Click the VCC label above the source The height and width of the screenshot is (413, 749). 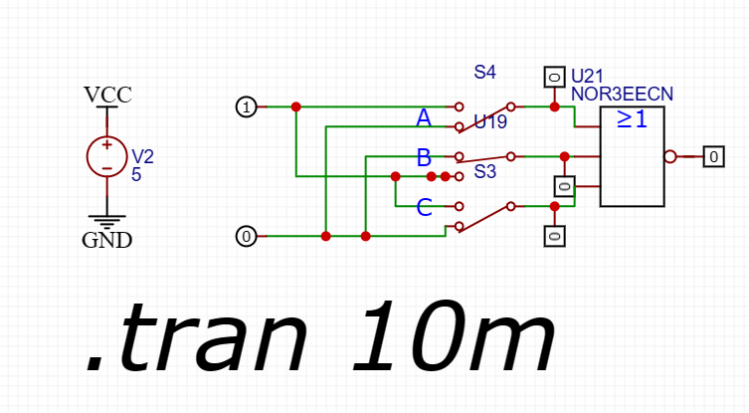click(107, 96)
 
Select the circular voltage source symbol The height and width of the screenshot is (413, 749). click(106, 156)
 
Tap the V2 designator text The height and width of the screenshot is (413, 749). click(143, 157)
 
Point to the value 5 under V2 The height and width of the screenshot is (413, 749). click(136, 173)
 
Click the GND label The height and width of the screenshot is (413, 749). click(106, 240)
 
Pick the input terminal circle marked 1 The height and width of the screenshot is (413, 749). click(246, 106)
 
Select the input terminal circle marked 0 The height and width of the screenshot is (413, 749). click(246, 236)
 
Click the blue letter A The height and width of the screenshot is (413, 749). click(424, 119)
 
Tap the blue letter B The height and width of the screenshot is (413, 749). click(424, 157)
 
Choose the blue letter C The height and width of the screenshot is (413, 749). click(424, 208)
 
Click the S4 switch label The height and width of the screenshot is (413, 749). click(485, 73)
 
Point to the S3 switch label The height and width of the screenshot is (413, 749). click(485, 172)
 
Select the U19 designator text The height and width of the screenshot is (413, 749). click(490, 122)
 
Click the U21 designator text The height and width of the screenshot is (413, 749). click(587, 77)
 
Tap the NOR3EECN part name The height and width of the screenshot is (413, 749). click(622, 94)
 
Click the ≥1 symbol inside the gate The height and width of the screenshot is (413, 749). click(632, 119)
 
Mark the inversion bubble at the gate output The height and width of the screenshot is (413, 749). click(669, 156)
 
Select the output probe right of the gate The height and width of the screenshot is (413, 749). click(713, 156)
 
